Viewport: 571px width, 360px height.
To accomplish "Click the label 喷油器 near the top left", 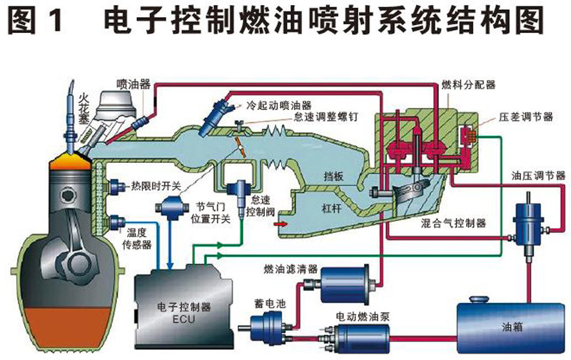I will click(134, 83).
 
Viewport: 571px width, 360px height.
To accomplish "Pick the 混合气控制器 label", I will click(453, 224).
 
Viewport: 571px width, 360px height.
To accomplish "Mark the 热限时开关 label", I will click(156, 186).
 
